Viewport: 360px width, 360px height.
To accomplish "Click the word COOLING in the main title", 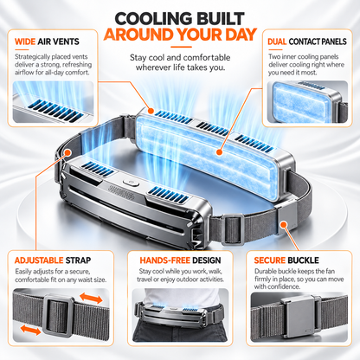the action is [151, 19].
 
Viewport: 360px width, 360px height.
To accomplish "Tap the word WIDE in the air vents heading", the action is [25, 42].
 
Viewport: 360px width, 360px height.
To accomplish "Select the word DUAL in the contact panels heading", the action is [277, 42].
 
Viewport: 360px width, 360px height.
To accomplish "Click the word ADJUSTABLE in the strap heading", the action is [39, 260].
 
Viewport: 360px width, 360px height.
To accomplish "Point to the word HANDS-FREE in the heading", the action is [164, 260].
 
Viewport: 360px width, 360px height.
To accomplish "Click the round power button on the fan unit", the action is [131, 183].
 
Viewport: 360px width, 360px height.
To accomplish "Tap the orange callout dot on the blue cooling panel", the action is [220, 151].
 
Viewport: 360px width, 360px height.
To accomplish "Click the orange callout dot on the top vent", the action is [151, 111].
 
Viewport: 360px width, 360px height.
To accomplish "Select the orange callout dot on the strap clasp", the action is [284, 225].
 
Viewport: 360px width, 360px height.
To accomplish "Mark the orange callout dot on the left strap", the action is [67, 152].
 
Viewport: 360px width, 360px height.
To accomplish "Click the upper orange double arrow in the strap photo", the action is [91, 298].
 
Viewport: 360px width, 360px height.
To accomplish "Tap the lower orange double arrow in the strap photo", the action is [30, 330].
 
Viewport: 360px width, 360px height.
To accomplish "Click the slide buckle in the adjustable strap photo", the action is [59, 316].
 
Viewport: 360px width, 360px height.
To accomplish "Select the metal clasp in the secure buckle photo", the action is [300, 317].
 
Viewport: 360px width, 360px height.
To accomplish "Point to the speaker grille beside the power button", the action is [121, 190].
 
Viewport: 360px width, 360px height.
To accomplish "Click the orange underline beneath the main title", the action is [181, 47].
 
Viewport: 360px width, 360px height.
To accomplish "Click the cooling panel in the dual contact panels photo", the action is [300, 103].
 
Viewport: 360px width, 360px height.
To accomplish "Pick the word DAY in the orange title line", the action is [241, 35].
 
